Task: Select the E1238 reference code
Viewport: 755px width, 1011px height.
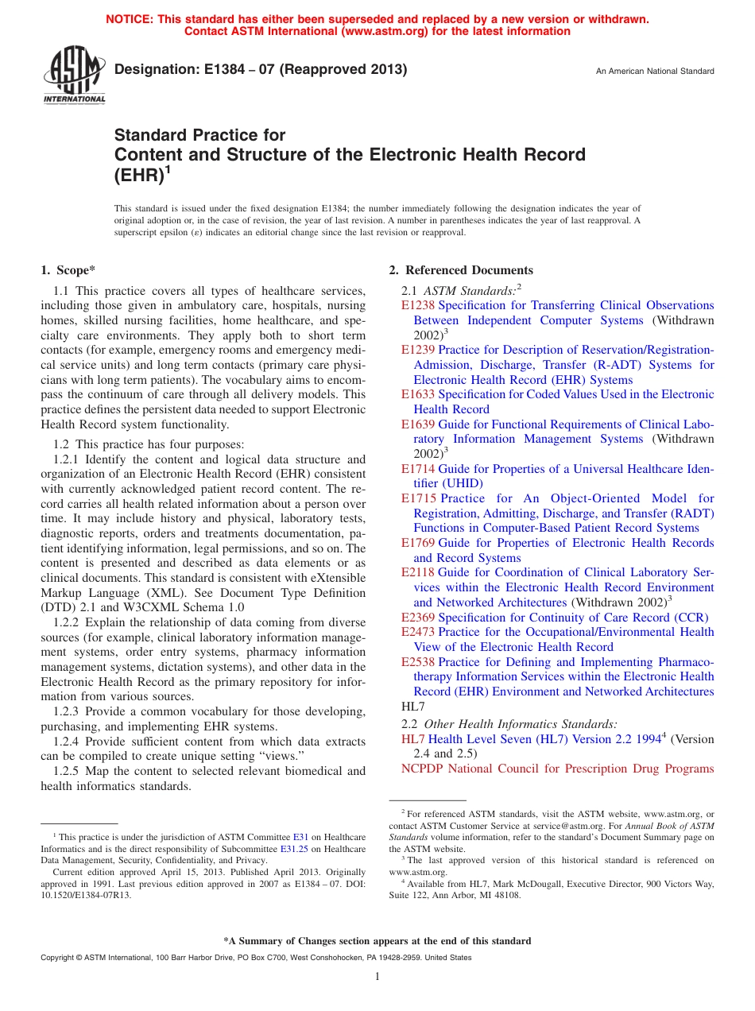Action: tap(418, 305)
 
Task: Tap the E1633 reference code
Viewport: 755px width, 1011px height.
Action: tap(418, 394)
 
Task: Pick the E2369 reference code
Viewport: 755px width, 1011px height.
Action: tap(418, 618)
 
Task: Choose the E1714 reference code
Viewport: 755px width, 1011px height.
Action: tap(418, 469)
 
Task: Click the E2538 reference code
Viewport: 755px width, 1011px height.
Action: tap(418, 662)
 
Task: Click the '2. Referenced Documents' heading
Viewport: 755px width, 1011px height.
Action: tap(461, 270)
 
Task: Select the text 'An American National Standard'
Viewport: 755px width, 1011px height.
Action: tap(655, 72)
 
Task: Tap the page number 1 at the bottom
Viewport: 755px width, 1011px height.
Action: tap(377, 977)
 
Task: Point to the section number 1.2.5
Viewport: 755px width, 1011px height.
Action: tap(68, 771)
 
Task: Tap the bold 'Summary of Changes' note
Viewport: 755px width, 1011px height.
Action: tap(377, 941)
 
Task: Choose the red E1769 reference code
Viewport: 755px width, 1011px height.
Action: tap(418, 543)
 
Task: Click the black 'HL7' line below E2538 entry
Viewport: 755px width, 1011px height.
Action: tap(414, 707)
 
